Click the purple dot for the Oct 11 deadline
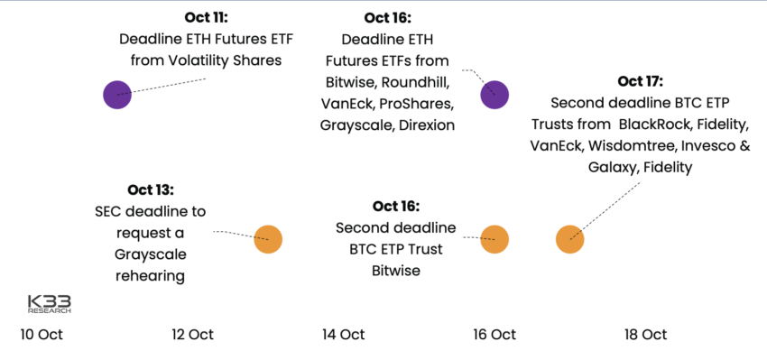pyautogui.click(x=116, y=94)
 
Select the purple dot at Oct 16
pyautogui.click(x=494, y=94)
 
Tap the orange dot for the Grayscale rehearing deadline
pyautogui.click(x=268, y=239)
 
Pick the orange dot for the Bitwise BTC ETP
pyautogui.click(x=494, y=239)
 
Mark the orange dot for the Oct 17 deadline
pyautogui.click(x=569, y=239)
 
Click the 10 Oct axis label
pyautogui.click(x=42, y=335)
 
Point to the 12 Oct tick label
pyautogui.click(x=192, y=335)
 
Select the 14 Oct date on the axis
pyautogui.click(x=343, y=335)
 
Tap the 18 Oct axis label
pyautogui.click(x=645, y=335)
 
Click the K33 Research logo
pyautogui.click(x=49, y=304)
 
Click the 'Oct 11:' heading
pyautogui.click(x=206, y=18)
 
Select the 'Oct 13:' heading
pyautogui.click(x=150, y=189)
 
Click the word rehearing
pyautogui.click(x=150, y=276)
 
